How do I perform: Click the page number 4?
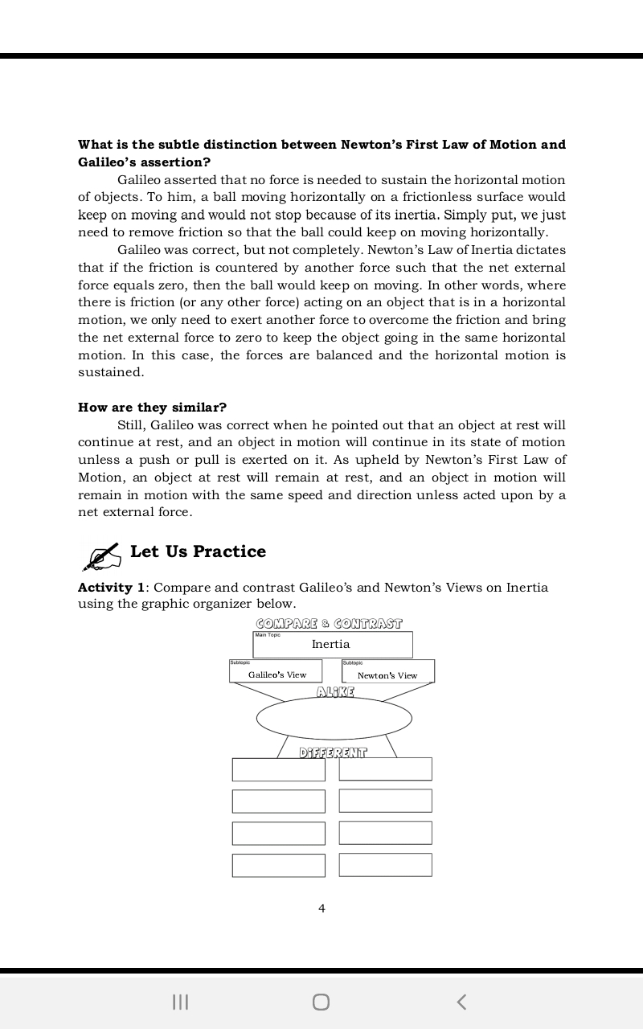[x=321, y=908]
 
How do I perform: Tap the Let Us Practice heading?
[x=198, y=551]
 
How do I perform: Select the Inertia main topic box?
[x=332, y=645]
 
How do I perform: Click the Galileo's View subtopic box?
[x=276, y=672]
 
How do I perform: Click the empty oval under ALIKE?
[x=334, y=718]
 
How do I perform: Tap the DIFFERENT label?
[x=333, y=753]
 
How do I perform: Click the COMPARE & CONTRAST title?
[x=329, y=624]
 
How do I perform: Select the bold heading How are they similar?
[x=152, y=407]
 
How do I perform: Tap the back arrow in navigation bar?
[x=461, y=1002]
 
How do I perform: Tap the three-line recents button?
[x=181, y=1002]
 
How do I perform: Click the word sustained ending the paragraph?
[x=111, y=372]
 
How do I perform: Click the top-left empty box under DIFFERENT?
[x=278, y=769]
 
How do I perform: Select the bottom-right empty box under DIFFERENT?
[x=385, y=865]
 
